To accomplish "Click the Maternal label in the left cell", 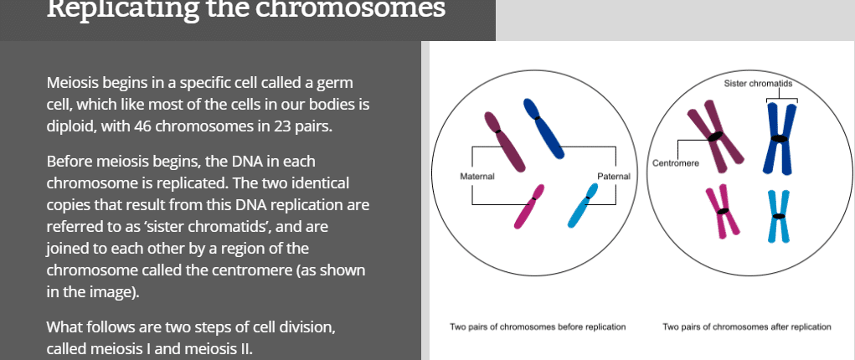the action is (477, 176).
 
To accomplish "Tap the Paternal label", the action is (614, 176).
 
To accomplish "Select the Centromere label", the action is (676, 163).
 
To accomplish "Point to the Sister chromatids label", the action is (758, 84).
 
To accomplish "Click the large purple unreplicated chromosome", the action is (504, 141).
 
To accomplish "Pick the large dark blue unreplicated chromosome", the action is (543, 129).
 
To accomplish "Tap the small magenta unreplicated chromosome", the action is (529, 206).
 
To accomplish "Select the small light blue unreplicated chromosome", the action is (583, 205).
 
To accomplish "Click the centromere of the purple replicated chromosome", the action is (715, 136).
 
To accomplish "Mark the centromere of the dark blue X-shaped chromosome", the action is (780, 138).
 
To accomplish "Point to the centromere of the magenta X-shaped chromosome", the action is (723, 211).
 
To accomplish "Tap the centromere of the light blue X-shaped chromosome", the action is (779, 217).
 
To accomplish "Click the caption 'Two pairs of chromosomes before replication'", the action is (538, 327).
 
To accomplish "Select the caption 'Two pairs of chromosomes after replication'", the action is (747, 327).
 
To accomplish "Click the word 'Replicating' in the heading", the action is (121, 10).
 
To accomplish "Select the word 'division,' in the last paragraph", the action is (304, 328).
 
